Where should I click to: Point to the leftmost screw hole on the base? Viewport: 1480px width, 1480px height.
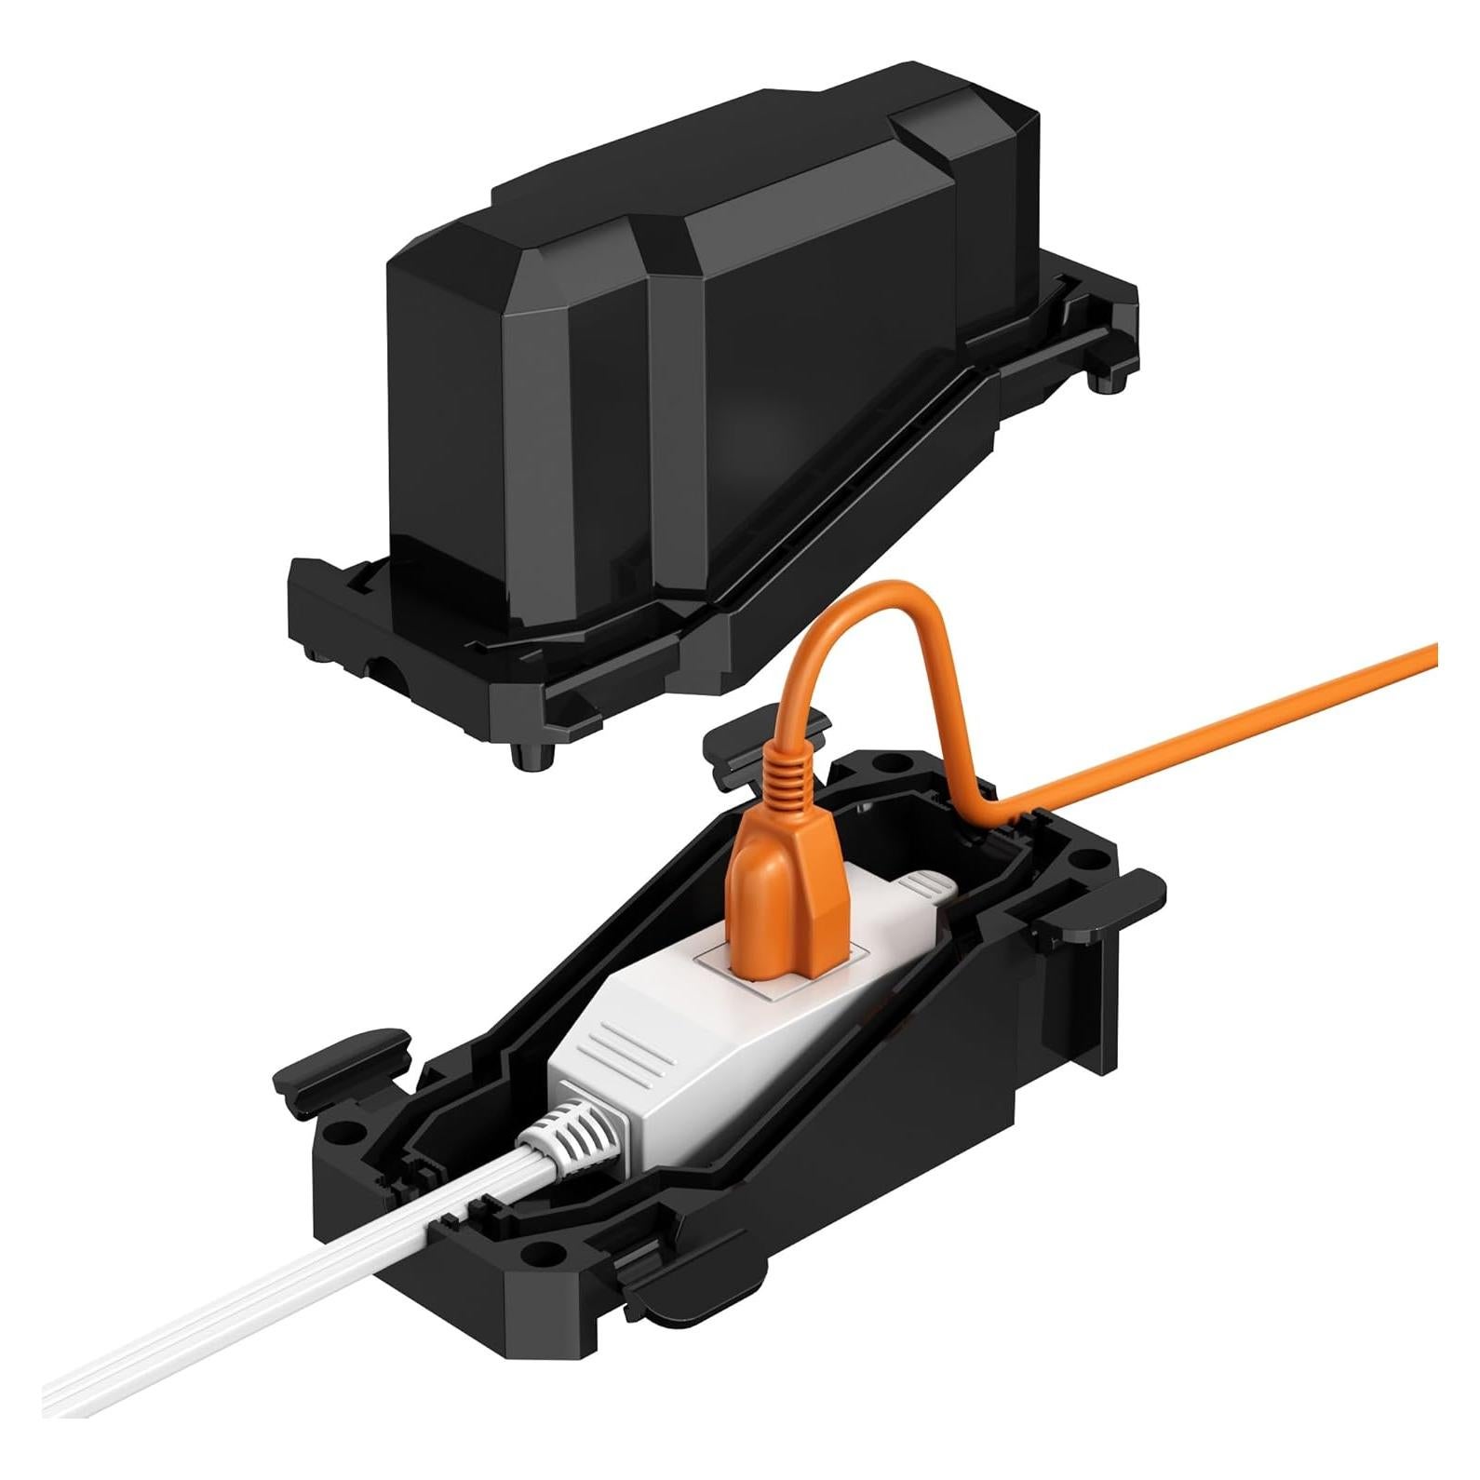(x=346, y=1134)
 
